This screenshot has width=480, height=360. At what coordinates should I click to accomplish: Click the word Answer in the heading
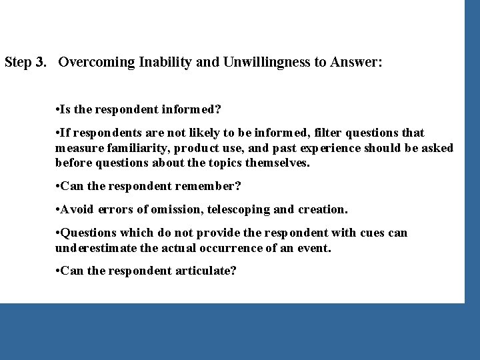coord(354,63)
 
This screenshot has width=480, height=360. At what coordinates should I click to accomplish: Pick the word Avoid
coord(77,209)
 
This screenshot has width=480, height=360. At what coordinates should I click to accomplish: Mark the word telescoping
coord(238,209)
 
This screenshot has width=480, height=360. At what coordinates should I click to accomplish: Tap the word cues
coord(372,233)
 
